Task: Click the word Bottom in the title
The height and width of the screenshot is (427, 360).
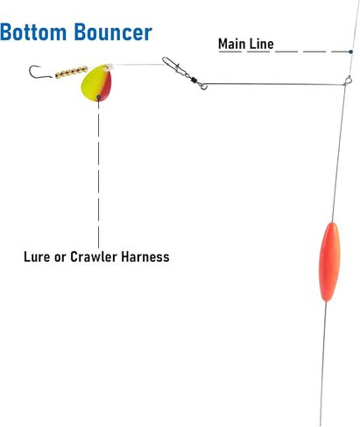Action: pos(33,31)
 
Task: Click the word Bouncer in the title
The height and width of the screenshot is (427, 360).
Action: pos(113,31)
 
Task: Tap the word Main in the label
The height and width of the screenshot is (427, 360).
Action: pos(232,44)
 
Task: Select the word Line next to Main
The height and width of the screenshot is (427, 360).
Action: pos(261,44)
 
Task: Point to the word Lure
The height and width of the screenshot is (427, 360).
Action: pos(37,256)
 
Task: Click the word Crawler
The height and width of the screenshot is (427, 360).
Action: pos(94,256)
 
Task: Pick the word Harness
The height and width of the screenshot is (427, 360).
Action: pos(145,256)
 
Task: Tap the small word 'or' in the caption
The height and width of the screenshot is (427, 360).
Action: pos(60,258)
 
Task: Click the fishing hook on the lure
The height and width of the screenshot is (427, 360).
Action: pos(39,73)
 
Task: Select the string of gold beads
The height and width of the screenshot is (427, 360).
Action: pos(72,72)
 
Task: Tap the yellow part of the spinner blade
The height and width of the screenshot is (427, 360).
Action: pos(93,84)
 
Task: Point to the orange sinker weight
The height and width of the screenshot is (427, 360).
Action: pos(329,262)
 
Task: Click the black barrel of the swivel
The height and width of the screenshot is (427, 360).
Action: pos(194,80)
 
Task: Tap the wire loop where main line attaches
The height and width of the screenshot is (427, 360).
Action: pos(348,80)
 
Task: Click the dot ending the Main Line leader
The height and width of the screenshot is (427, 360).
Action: pos(350,52)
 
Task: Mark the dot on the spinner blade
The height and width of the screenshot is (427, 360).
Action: pos(99,97)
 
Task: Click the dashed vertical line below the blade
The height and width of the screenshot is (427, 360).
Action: pos(98,173)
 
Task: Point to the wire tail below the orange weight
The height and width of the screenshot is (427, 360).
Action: pos(323,364)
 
